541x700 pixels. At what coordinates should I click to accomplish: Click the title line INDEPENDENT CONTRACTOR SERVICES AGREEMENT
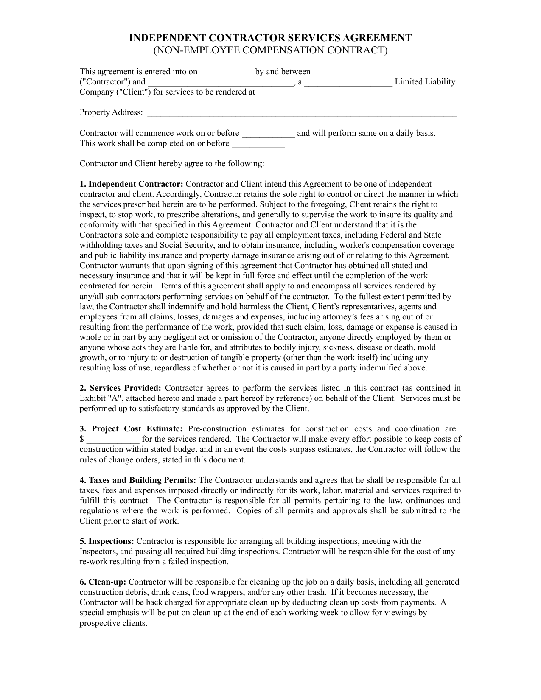coord(270,38)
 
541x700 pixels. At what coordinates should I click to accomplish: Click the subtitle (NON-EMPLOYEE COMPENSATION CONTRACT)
coord(270,50)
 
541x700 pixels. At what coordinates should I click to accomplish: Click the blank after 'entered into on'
coord(226,72)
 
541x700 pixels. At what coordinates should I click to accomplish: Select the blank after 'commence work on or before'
coord(268,134)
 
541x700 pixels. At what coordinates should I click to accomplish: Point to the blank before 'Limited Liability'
coord(348,82)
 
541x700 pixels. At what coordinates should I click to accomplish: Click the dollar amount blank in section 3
coord(113,440)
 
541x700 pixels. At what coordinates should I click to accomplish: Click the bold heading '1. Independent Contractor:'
coord(132,184)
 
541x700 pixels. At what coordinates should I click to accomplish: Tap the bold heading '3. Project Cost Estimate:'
coord(131,429)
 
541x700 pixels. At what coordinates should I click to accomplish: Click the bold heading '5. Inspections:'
coord(107,541)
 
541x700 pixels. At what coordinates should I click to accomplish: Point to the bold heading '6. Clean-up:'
coord(103,582)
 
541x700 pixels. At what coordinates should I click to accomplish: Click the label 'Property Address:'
coord(111,113)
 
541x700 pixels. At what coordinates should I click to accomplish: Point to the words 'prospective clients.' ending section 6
coord(113,623)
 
